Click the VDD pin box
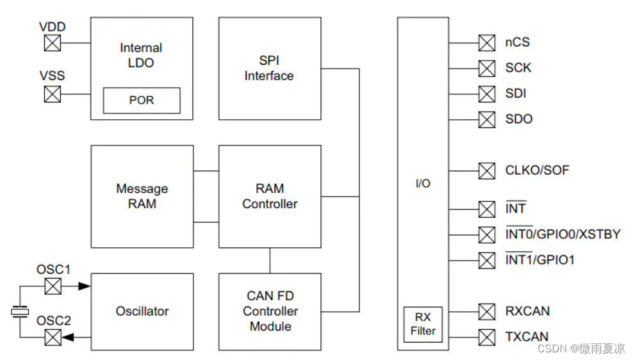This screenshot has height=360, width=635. click(53, 43)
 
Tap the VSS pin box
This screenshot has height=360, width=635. click(53, 94)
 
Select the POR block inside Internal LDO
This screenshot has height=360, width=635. click(142, 101)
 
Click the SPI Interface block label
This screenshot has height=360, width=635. click(269, 68)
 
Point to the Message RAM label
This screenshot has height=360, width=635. click(142, 196)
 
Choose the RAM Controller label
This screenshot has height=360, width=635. click(270, 196)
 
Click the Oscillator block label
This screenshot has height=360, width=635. click(142, 311)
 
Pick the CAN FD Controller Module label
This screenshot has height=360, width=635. click(270, 311)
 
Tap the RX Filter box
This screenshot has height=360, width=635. click(423, 324)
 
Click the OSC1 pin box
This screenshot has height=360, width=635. click(53, 286)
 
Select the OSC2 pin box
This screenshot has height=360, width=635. click(53, 337)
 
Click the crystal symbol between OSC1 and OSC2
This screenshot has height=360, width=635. click(21, 312)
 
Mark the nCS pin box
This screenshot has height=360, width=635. click(487, 43)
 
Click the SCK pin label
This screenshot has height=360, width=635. click(518, 68)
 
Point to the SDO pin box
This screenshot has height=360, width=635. click(487, 119)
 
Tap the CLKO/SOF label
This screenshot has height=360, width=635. click(537, 170)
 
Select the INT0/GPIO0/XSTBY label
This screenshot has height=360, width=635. click(563, 234)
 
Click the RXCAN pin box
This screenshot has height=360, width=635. click(487, 311)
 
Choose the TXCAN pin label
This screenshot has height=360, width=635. click(527, 337)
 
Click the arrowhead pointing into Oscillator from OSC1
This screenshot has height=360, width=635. click(85, 286)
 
